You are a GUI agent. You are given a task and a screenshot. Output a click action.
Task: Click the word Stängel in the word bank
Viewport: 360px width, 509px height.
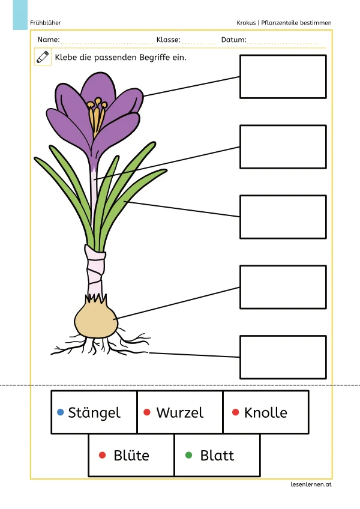point(94,413)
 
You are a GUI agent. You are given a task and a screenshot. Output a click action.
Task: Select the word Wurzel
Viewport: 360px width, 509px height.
point(179,413)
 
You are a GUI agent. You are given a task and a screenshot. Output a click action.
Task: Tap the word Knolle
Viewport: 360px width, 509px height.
point(265,413)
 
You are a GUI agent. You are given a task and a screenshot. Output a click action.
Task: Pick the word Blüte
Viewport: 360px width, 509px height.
point(131,456)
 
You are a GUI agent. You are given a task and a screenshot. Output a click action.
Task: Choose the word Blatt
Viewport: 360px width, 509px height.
point(217,456)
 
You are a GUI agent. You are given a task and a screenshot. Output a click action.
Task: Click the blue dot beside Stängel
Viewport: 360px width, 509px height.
point(60,412)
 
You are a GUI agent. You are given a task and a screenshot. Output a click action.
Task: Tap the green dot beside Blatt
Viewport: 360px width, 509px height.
point(189,456)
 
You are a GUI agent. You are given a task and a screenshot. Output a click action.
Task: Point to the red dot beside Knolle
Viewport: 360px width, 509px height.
point(235,412)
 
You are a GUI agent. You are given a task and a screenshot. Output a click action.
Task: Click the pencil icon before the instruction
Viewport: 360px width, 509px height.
point(43,58)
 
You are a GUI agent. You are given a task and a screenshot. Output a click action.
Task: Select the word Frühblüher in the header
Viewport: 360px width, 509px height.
point(45,23)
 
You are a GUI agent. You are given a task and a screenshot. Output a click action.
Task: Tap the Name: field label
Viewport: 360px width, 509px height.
point(49,40)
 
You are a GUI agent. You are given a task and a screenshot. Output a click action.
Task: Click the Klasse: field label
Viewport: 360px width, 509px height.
point(168,40)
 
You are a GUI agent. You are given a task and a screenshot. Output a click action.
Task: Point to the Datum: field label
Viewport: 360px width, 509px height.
point(233,40)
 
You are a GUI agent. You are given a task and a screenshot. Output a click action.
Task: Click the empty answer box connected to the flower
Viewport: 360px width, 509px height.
point(283,76)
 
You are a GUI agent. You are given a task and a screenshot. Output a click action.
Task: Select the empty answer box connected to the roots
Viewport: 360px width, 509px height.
point(283,357)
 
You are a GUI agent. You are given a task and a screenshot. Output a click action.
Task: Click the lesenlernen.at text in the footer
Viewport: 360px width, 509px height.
point(310,484)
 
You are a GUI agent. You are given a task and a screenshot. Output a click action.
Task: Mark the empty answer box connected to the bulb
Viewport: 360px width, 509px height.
point(283,287)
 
